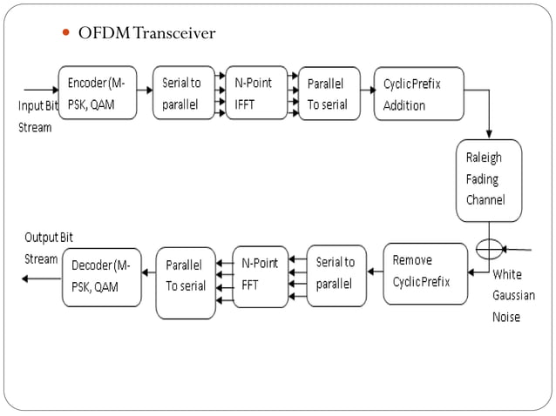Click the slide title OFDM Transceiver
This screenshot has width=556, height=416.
(146, 34)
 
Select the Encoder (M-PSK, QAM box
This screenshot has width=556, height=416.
(97, 93)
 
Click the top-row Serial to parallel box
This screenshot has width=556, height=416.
(183, 93)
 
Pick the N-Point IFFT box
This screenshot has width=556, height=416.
(255, 93)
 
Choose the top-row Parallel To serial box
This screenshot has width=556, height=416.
(329, 93)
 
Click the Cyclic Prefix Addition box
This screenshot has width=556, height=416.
(413, 93)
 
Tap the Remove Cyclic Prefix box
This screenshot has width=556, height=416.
(425, 272)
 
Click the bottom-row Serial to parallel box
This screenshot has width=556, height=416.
(336, 275)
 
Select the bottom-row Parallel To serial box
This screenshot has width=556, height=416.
(186, 282)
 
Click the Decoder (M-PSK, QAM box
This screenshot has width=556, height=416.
(101, 277)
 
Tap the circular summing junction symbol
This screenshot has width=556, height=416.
(489, 249)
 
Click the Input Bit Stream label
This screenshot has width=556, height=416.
(37, 116)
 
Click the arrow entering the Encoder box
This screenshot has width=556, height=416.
(40, 90)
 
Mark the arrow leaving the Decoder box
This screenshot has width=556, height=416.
(41, 278)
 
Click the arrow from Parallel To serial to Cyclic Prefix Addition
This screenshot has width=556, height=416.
(367, 90)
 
